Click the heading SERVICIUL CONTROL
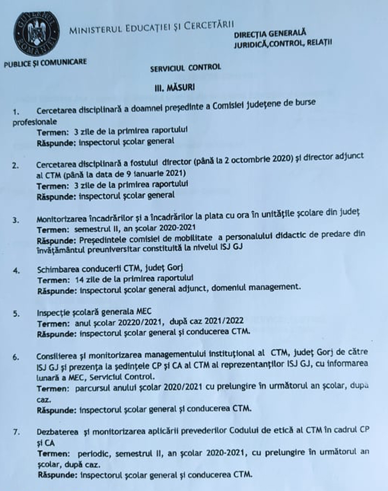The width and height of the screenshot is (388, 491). pyautogui.click(x=185, y=67)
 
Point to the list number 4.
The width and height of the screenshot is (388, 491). pyautogui.click(x=16, y=271)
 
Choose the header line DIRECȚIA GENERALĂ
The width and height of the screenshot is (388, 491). pyautogui.click(x=270, y=34)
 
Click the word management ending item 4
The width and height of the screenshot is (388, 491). pyautogui.click(x=276, y=288)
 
